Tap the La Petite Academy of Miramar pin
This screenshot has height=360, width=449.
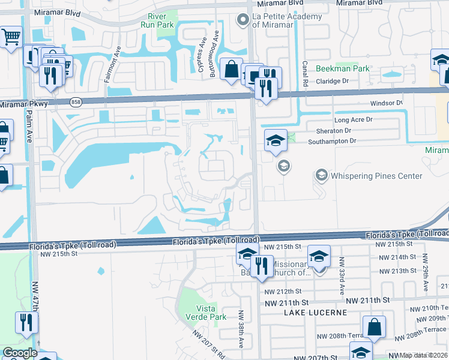coord(243,20)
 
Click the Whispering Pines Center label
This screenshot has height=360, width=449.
coord(376,176)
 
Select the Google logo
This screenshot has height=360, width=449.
coord(20,353)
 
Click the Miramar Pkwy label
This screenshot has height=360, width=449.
coord(24,104)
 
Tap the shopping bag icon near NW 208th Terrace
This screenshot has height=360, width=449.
coord(375,328)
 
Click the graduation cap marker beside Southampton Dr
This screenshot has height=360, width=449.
coord(276,140)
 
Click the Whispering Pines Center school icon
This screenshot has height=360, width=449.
coord(321,175)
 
